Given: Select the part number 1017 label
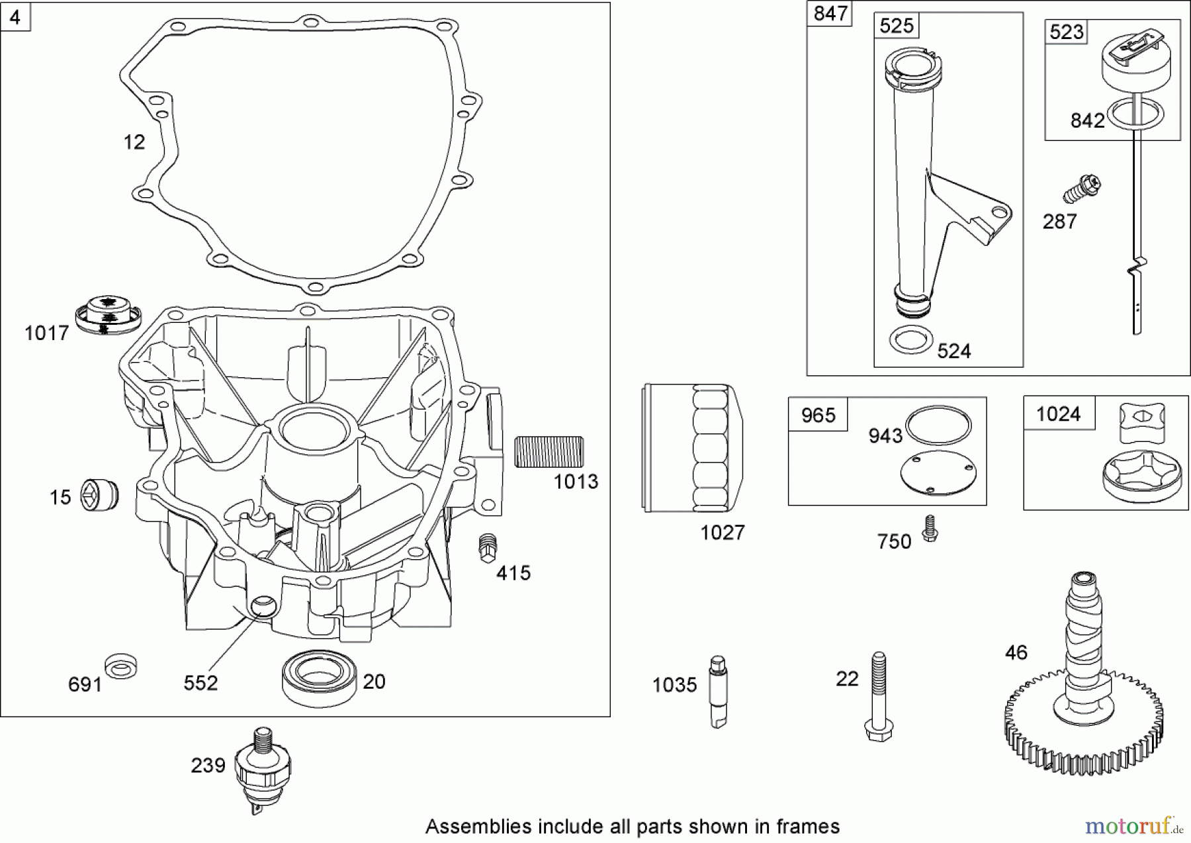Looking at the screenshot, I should point(46,333).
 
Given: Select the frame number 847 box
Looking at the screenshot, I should point(830,13).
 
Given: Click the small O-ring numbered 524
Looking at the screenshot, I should point(910,340).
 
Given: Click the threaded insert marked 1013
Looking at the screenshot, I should point(549,452).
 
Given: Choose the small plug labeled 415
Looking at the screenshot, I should point(488,547).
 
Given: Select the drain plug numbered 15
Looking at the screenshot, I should point(100,495).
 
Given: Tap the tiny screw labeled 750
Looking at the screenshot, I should point(930,529).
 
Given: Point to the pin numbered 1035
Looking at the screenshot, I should point(719,691).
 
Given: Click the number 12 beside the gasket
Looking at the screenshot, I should point(134,142).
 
